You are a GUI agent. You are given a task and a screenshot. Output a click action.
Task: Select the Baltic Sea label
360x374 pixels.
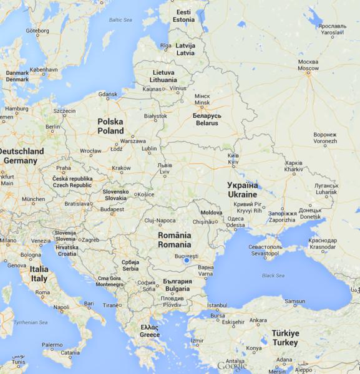point(120,20)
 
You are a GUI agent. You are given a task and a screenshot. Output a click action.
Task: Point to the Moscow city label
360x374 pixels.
point(308,65)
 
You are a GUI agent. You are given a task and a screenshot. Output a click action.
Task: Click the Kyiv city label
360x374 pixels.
point(232,158)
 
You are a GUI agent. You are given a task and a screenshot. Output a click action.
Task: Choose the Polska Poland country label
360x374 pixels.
point(110,127)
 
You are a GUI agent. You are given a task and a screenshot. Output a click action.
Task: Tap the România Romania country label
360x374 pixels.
point(174,240)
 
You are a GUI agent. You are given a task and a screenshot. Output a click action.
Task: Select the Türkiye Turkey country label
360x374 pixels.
point(286,338)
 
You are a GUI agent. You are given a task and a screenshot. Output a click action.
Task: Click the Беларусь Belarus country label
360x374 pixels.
point(206,119)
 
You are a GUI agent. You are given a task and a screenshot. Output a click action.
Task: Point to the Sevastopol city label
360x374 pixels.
point(266,251)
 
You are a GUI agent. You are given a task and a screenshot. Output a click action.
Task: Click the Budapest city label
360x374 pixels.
point(112,209)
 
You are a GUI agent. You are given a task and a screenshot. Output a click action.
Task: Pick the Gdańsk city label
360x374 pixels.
point(108,95)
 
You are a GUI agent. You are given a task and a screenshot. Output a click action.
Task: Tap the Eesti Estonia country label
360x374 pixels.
point(184,16)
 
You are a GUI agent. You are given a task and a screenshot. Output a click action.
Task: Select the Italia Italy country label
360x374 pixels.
point(39,274)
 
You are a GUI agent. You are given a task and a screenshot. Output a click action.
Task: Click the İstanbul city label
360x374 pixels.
point(218,305)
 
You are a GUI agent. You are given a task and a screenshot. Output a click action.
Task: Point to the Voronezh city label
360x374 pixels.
point(325,138)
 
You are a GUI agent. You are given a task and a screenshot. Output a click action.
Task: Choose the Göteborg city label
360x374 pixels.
point(38,30)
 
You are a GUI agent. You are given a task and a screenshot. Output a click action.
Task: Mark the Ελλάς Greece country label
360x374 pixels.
point(150,331)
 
